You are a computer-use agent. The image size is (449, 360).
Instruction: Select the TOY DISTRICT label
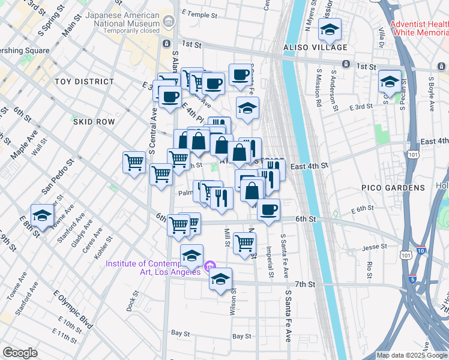pos(84,82)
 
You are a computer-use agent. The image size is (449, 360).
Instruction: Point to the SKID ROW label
pos(94,122)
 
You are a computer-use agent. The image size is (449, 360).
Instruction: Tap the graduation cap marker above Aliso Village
pos(330,29)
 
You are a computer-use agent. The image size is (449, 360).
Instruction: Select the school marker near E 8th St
pos(42,216)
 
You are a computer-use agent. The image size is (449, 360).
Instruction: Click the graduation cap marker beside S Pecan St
pos(390,82)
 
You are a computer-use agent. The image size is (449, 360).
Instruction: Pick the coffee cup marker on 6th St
pos(269,210)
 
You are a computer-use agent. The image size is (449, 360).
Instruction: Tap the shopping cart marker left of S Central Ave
pos(134,161)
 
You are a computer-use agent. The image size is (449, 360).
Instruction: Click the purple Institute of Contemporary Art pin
pos(209,266)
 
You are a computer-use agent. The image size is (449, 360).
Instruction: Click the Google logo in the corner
pos(20,353)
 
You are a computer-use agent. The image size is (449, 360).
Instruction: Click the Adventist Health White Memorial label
pos(418,28)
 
